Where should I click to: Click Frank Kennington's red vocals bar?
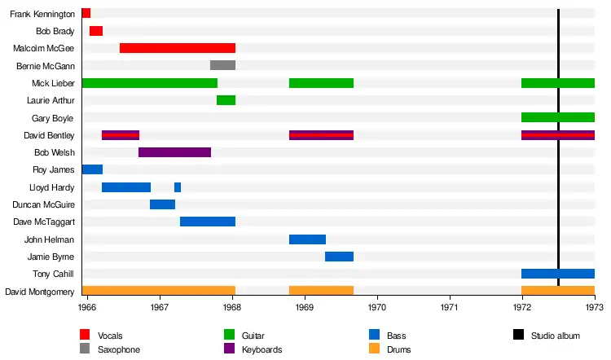coord(86,13)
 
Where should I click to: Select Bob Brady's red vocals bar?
coord(95,31)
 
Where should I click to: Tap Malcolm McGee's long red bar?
coord(177,48)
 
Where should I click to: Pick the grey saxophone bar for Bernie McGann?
coord(222,65)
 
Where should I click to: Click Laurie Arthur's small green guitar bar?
coord(226,100)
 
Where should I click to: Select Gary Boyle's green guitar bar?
coord(557,117)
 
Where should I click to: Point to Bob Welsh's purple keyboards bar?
coord(174,152)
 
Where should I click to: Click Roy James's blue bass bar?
coord(92,169)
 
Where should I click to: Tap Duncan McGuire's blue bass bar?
coord(162,204)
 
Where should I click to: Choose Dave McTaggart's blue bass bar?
coord(207,222)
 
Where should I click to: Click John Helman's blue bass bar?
coord(307,239)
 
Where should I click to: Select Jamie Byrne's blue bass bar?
coord(339,257)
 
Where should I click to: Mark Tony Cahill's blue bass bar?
coord(557,274)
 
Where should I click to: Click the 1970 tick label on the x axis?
coord(377,308)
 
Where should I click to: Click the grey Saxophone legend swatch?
coord(85,349)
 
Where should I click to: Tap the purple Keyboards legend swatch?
coord(229,349)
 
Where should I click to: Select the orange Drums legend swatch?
coord(374,349)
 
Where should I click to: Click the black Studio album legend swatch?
coord(518,335)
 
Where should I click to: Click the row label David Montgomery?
coord(41,292)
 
